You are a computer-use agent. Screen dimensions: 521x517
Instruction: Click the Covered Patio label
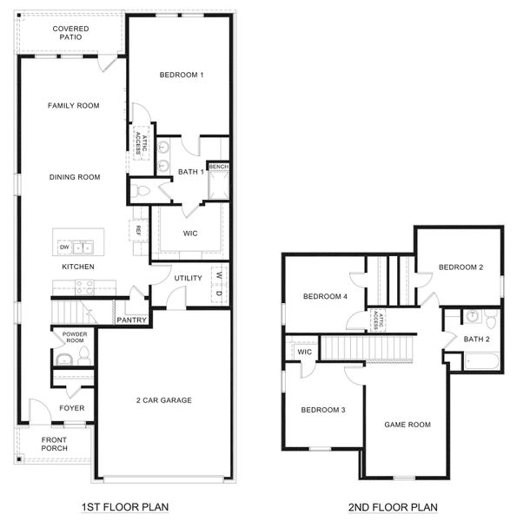(x=70, y=33)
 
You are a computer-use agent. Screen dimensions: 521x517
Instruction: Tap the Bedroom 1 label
(x=182, y=76)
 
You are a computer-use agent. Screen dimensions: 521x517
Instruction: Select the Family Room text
(x=73, y=106)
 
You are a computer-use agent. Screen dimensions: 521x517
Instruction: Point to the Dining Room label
(x=74, y=177)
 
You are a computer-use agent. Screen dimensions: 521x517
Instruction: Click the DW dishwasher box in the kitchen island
(x=64, y=247)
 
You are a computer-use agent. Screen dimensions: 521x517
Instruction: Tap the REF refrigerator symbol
(x=137, y=231)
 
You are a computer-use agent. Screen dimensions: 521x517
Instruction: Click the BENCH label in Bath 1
(x=218, y=166)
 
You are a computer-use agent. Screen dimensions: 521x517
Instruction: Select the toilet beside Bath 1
(x=142, y=190)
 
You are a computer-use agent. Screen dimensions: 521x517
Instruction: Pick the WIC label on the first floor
(x=191, y=234)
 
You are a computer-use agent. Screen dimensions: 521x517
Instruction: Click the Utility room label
(x=188, y=278)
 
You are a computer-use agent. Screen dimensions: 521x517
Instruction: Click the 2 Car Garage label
(x=164, y=400)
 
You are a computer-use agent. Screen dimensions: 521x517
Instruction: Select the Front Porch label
(x=53, y=445)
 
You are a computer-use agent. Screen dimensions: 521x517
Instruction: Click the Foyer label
(x=71, y=408)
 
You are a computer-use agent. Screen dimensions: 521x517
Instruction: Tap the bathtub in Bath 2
(x=481, y=360)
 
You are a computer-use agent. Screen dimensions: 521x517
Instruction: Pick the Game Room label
(x=408, y=425)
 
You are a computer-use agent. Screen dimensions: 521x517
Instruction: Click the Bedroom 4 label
(x=325, y=297)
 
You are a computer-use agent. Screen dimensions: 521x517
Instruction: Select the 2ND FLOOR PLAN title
(x=394, y=507)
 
